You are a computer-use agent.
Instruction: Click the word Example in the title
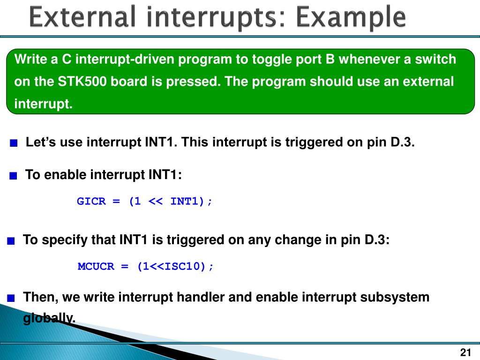coord(351,17)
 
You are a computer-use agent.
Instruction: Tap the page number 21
coord(465,352)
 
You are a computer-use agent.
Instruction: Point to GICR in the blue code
coord(91,201)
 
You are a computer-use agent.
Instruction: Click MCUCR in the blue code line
coord(96,266)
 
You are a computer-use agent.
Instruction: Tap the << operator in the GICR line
coord(156,201)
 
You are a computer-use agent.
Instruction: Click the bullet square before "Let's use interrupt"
coord(14,143)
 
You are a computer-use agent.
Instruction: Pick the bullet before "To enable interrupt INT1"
coord(13,176)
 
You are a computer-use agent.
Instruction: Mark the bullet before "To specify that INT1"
coord(11,241)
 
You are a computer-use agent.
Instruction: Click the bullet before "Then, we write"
coord(11,298)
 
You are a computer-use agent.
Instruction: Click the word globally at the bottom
coord(49,319)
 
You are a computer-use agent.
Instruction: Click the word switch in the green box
coord(435,60)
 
